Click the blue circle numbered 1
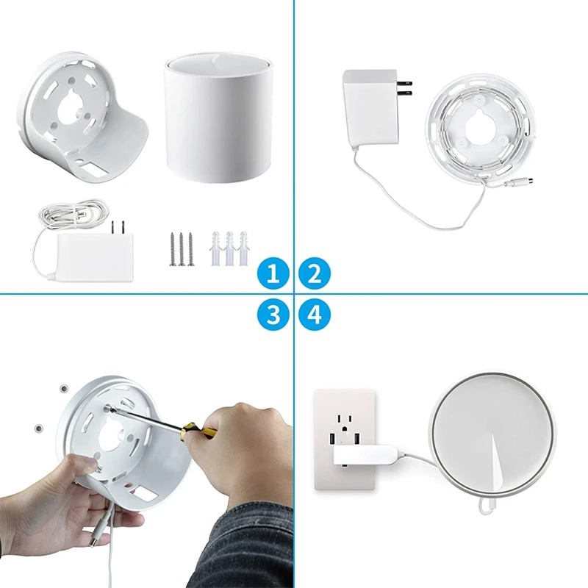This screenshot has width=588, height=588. (273, 275)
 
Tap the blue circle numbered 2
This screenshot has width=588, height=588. (315, 275)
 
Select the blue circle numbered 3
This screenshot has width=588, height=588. (273, 315)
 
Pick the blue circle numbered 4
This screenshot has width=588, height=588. (315, 315)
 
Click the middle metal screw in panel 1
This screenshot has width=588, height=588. (181, 249)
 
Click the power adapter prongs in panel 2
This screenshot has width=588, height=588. (404, 87)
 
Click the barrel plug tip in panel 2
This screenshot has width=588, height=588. (528, 180)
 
